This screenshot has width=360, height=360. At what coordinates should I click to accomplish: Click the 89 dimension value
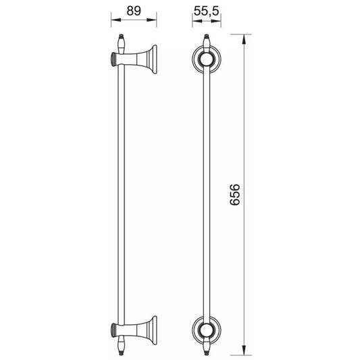coord(134,11)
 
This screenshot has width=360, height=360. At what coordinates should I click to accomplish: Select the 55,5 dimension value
coord(207,11)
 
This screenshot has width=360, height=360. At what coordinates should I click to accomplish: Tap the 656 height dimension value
coord(235,195)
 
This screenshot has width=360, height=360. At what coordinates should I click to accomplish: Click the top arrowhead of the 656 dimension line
coord(244,39)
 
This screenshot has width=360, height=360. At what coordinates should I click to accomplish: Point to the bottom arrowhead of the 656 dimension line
coord(244,350)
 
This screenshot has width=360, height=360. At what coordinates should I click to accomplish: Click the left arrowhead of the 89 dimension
coord(116,20)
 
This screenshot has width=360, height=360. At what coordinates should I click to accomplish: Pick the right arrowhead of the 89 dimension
coord(151,20)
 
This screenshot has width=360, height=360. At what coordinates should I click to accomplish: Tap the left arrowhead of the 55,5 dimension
coord(197,21)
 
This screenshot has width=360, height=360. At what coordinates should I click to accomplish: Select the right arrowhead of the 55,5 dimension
coord(216,21)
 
